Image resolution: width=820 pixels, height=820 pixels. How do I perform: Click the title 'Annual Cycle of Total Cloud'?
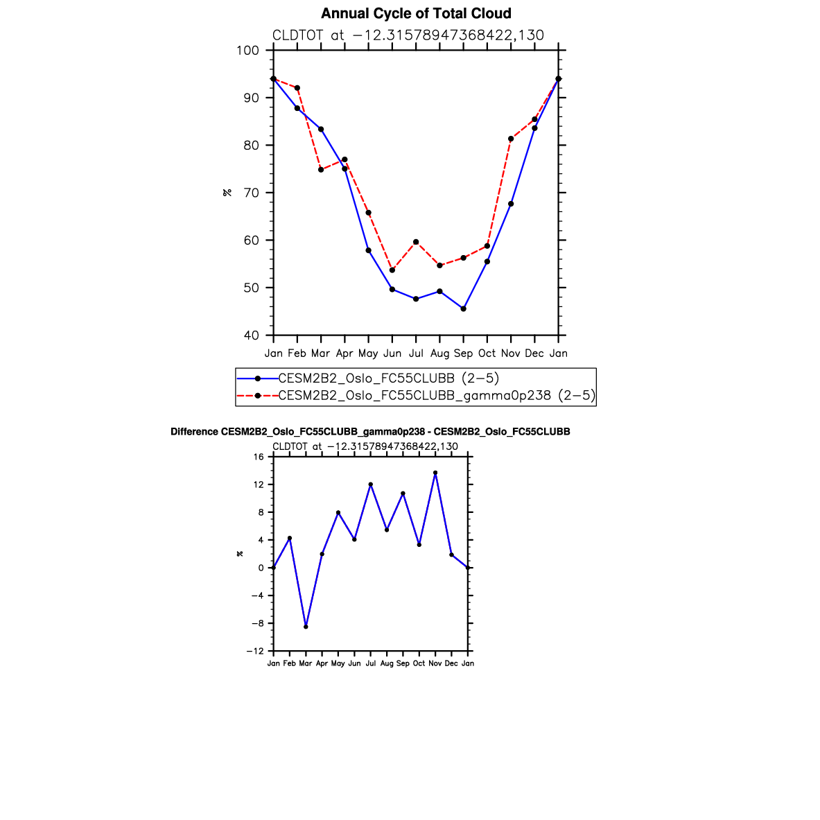click(x=416, y=14)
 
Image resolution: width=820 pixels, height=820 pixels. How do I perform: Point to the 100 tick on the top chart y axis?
click(x=247, y=51)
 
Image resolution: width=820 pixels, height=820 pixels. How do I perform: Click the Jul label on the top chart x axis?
click(x=416, y=354)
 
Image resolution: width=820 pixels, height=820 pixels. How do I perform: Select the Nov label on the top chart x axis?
click(x=511, y=354)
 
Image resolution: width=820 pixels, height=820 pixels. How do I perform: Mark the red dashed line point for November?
click(x=511, y=139)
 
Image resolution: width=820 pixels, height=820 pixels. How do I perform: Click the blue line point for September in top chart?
click(x=463, y=308)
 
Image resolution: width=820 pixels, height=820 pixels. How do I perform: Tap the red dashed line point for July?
click(x=416, y=242)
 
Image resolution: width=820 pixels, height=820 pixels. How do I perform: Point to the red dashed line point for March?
click(x=321, y=170)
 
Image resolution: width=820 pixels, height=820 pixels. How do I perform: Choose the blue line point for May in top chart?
click(x=368, y=250)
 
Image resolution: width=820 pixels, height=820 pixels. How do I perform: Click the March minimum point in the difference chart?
click(x=306, y=627)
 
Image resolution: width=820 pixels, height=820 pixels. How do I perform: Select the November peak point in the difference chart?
click(x=435, y=473)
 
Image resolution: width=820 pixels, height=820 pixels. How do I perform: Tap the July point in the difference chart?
click(x=371, y=485)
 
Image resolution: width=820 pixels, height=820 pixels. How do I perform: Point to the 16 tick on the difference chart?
click(x=259, y=457)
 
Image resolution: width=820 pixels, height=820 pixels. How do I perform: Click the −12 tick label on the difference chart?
click(x=256, y=651)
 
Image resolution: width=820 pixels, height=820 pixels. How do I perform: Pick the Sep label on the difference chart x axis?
click(x=403, y=663)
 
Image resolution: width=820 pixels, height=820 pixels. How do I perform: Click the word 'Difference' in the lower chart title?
click(x=194, y=432)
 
